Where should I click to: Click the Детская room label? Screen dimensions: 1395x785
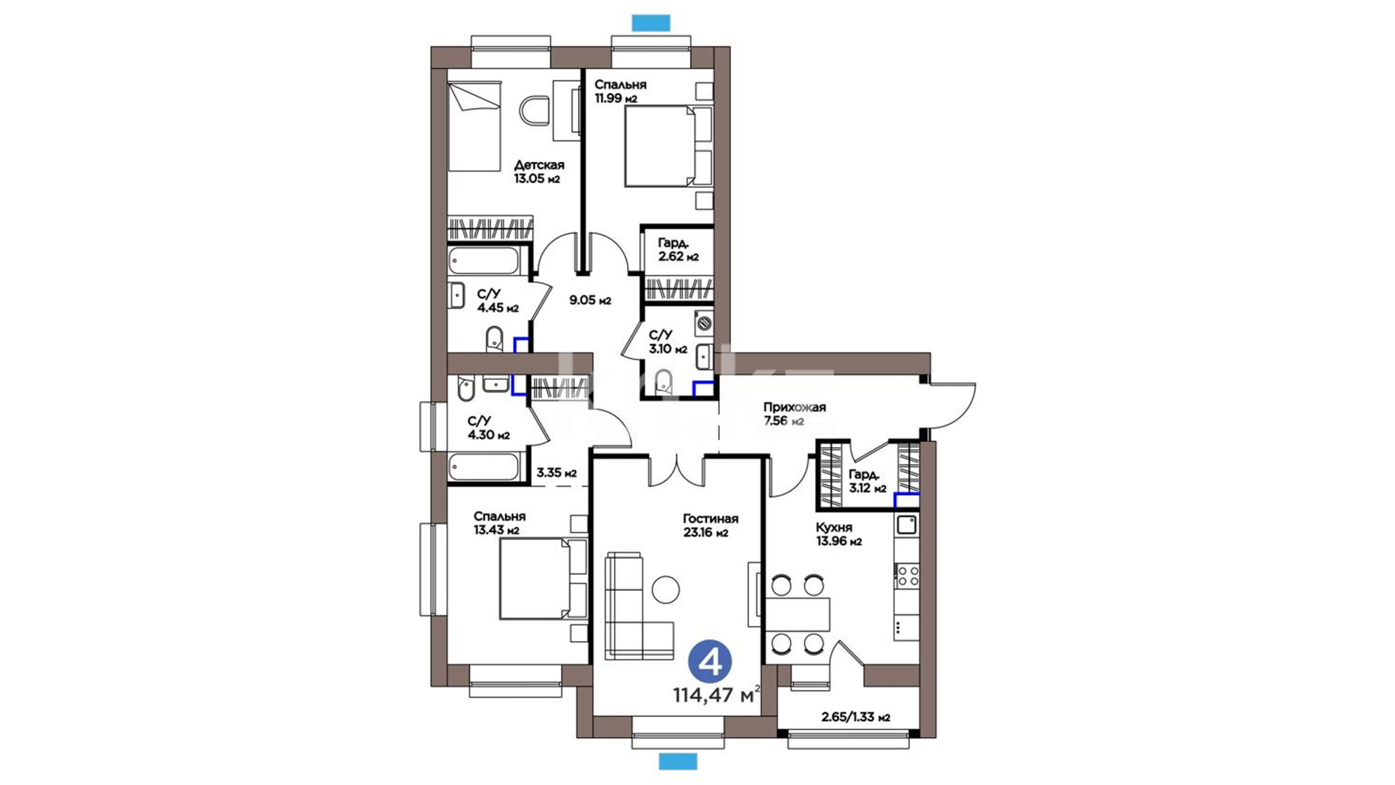539,165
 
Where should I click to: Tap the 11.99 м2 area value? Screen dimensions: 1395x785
616,99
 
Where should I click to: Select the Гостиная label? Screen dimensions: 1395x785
711,519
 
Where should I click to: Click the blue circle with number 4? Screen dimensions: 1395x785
710,661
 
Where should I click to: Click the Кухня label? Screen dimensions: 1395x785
834,528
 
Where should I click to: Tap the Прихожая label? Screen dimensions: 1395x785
794,408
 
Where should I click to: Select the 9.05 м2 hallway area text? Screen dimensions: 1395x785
590,300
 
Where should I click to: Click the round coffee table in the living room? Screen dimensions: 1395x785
666,589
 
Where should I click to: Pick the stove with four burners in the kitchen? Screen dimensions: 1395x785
907,576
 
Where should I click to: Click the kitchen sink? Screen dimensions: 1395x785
907,524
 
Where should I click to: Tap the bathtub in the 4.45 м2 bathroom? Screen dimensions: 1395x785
484,261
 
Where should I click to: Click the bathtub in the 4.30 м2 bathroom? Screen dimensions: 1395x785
484,467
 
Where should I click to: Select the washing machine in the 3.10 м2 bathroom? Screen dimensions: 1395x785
703,323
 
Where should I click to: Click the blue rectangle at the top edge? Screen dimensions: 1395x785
650,23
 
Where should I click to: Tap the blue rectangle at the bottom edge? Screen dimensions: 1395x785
678,761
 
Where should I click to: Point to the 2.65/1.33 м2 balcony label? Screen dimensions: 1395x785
856,717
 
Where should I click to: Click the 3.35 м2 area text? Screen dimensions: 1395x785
557,473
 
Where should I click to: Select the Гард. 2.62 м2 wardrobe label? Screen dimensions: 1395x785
678,249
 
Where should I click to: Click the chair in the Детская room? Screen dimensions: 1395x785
535,110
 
